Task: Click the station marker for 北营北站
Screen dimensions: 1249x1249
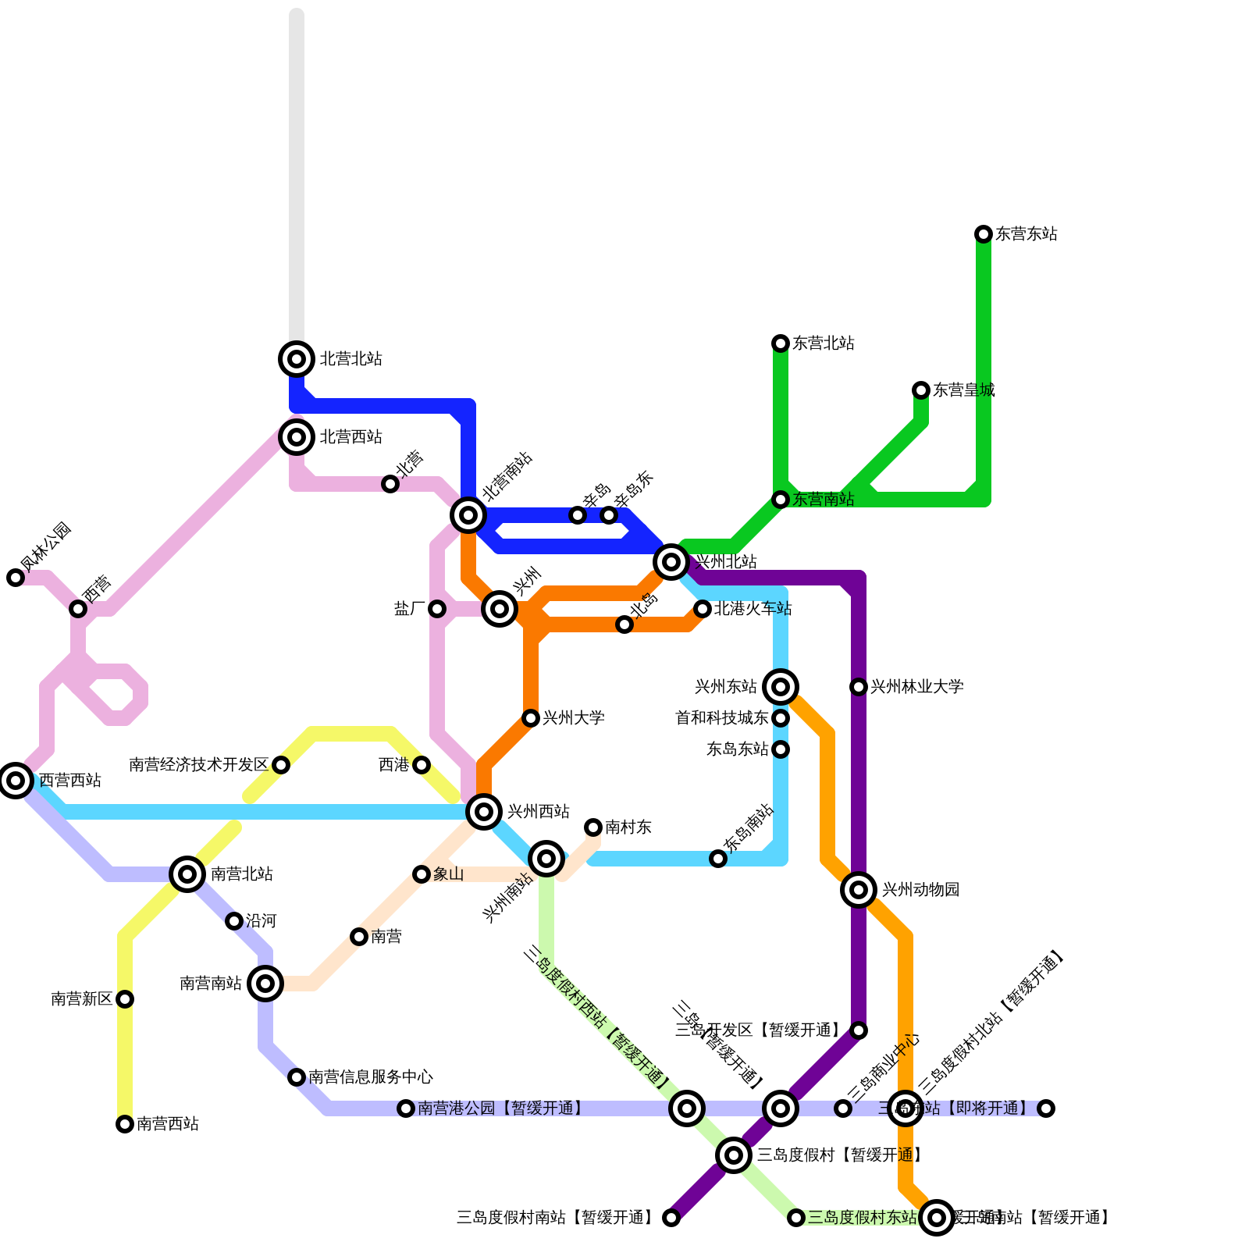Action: [297, 359]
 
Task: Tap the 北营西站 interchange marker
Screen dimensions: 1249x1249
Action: [297, 437]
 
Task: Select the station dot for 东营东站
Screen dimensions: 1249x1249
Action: [984, 234]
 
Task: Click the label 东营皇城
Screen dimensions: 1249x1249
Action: [964, 390]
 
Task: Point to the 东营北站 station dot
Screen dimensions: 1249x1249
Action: [781, 343]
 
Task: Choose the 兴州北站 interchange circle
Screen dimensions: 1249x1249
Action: [671, 561]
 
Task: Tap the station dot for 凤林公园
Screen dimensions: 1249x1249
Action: [16, 578]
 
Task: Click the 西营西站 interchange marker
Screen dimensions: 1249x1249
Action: [16, 780]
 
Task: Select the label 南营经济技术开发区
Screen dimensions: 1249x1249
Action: [198, 765]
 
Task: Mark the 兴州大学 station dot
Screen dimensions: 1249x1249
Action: [531, 718]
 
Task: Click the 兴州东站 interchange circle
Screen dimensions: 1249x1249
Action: [781, 687]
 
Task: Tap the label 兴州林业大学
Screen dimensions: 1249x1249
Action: [916, 687]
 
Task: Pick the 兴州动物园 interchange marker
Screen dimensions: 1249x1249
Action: [859, 889]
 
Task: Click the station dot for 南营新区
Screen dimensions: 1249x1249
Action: [125, 999]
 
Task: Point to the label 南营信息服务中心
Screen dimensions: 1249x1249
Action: [371, 1077]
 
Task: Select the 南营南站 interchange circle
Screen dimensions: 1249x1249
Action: [265, 984]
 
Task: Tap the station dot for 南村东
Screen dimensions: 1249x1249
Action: [593, 827]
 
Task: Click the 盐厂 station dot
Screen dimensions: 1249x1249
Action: [437, 609]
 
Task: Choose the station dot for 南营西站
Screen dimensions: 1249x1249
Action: [125, 1124]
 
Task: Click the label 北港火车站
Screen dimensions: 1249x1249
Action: [753, 609]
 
